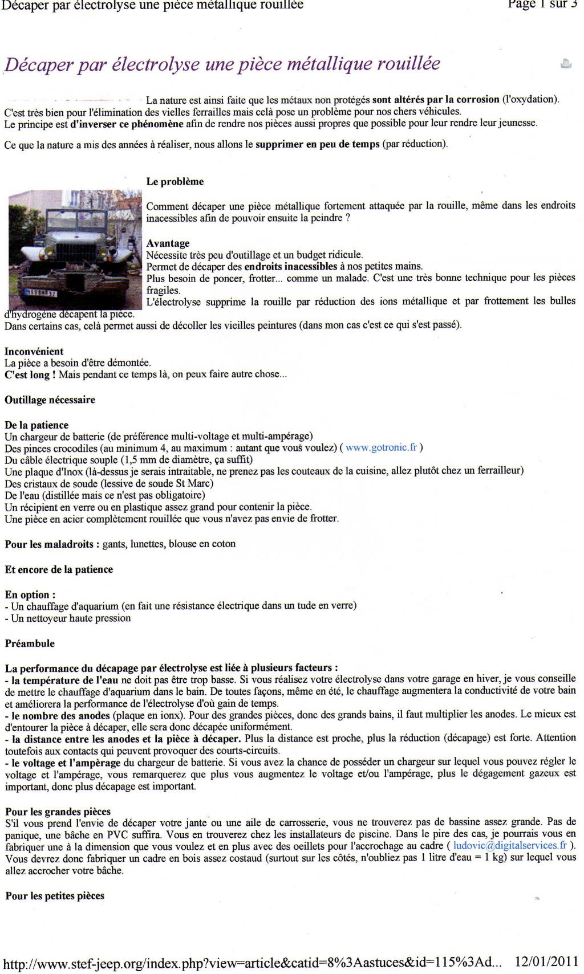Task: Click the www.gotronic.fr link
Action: pyautogui.click(x=381, y=448)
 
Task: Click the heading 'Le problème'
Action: pyautogui.click(x=175, y=182)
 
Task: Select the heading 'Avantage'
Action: pyautogui.click(x=168, y=243)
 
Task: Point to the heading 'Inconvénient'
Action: pyautogui.click(x=34, y=352)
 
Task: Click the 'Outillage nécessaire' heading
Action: pyautogui.click(x=50, y=400)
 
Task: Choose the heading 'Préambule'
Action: pyautogui.click(x=30, y=643)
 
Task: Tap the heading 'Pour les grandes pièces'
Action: pyautogui.click(x=58, y=812)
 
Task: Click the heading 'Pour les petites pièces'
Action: pyautogui.click(x=55, y=896)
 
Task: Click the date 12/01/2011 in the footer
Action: pyautogui.click(x=546, y=962)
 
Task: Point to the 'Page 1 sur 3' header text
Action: pyautogui.click(x=538, y=5)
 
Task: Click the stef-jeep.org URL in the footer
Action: pyautogui.click(x=251, y=963)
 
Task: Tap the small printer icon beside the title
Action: pyautogui.click(x=566, y=64)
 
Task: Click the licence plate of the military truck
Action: pyautogui.click(x=40, y=293)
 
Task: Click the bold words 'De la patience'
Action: pyautogui.click(x=36, y=425)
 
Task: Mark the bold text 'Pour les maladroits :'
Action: pyautogui.click(x=52, y=544)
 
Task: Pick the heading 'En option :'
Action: pyautogui.click(x=30, y=595)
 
